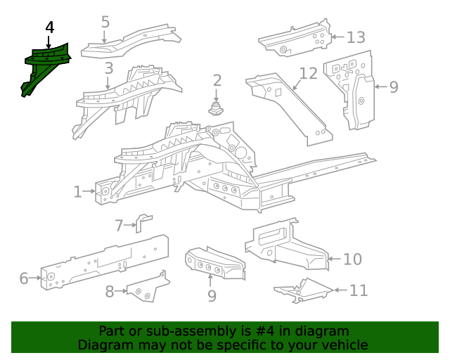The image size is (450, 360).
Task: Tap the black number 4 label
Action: point(49,27)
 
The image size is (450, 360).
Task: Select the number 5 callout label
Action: point(105,22)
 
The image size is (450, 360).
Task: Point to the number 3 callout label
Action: point(108,68)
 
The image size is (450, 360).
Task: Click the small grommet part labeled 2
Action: point(217,108)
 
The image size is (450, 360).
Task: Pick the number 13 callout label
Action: point(356,37)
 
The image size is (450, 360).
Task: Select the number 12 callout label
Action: point(309,74)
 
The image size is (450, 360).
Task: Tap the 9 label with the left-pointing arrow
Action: point(393,86)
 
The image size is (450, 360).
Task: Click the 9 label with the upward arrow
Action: point(212,296)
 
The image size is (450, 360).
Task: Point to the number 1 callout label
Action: point(78,191)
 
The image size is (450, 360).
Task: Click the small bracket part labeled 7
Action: point(143,221)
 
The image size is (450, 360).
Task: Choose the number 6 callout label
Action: point(24,278)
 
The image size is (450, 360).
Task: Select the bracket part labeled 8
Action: point(146,288)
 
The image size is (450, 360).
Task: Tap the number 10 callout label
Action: point(352,259)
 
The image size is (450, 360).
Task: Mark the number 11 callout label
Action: point(359,290)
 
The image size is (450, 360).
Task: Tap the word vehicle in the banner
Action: point(345,345)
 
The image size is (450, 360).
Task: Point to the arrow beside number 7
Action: point(130,225)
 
